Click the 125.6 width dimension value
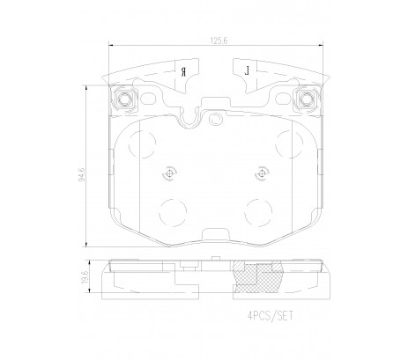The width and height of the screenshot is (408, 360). point(219,40)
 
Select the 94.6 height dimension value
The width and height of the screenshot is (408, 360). point(82,174)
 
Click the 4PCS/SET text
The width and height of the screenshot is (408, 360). point(270,316)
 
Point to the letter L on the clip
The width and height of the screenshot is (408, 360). point(248,70)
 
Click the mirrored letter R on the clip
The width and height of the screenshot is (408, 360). point(183,71)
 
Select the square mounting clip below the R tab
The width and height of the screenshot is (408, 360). point(124,99)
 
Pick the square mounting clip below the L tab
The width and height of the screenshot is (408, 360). point(307,99)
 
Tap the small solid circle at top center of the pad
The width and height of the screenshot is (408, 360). point(216,118)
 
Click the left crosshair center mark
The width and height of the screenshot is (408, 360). point(169,174)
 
